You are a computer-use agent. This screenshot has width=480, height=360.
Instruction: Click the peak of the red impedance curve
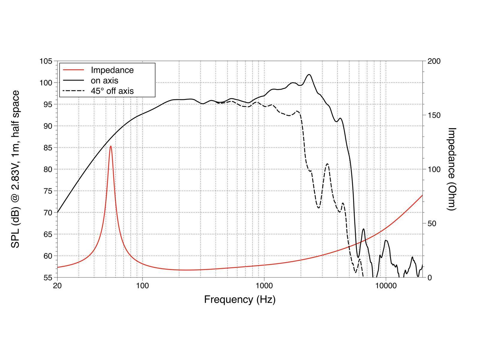111,146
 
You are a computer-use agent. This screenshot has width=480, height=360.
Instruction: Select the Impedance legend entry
112,70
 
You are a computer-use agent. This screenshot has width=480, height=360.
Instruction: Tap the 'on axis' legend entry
104,80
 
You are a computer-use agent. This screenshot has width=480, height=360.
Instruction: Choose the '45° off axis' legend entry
112,91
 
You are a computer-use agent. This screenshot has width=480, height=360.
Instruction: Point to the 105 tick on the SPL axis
46,61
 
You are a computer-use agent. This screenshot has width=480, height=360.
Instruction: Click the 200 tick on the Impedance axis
434,61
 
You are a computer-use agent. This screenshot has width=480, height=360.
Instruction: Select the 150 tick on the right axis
434,115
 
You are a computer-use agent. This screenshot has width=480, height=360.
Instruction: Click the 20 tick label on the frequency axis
57,285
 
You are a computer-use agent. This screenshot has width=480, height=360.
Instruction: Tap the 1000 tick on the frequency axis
264,285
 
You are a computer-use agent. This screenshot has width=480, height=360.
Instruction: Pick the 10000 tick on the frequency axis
386,285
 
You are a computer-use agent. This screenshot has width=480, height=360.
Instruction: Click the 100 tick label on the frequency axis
142,285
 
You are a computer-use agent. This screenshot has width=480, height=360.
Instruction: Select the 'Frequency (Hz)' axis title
240,299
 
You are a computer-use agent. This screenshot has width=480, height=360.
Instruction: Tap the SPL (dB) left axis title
16,169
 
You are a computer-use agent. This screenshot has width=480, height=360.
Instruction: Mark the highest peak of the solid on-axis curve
309,75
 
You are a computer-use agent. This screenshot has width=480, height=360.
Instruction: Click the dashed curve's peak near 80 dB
327,164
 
